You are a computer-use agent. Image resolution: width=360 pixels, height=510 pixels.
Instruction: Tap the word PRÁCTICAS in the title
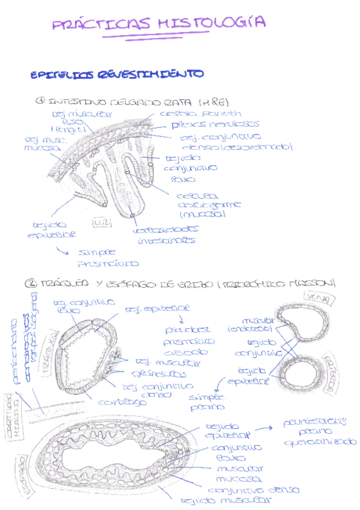click(101, 25)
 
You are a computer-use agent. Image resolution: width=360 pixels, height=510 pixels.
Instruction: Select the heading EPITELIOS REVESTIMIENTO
click(117, 75)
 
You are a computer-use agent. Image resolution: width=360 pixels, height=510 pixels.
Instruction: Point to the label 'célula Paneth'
click(201, 113)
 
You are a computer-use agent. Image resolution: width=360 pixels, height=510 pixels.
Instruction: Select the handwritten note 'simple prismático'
click(108, 257)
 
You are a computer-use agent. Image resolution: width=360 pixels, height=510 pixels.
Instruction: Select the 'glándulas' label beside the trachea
click(145, 373)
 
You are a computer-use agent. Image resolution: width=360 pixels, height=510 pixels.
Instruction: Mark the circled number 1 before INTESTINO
click(41, 101)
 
